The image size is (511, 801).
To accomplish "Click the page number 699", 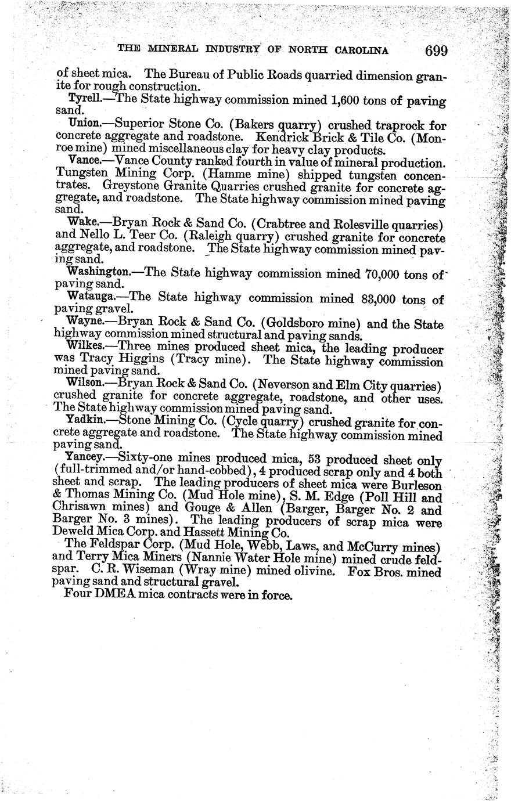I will click(x=436, y=50).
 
